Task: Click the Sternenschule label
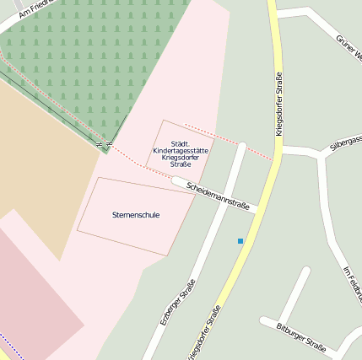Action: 136,215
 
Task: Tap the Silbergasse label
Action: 347,142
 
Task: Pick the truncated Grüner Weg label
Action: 348,49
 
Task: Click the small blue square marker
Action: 240,241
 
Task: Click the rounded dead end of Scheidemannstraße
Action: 177,180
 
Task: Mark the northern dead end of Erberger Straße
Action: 242,147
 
